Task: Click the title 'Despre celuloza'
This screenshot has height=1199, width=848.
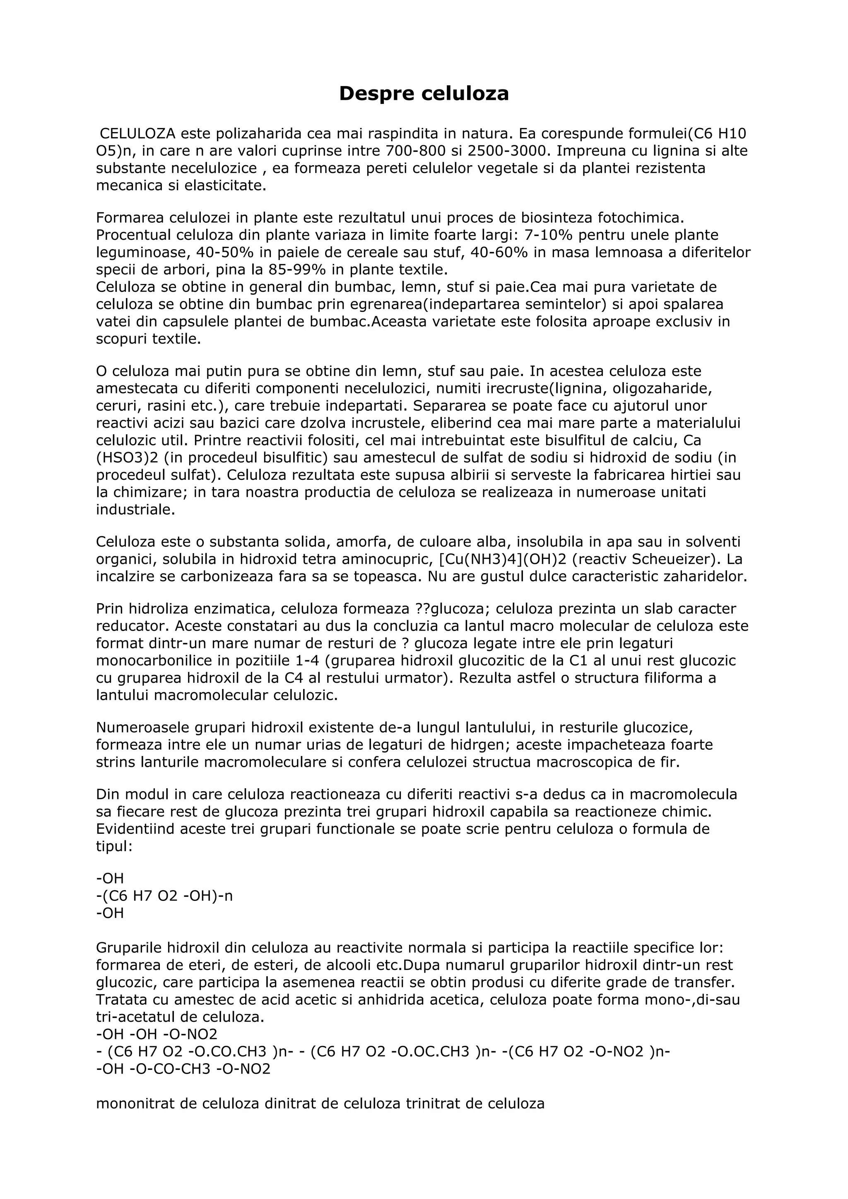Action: tap(424, 94)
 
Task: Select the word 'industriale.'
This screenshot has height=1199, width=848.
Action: tap(135, 510)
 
